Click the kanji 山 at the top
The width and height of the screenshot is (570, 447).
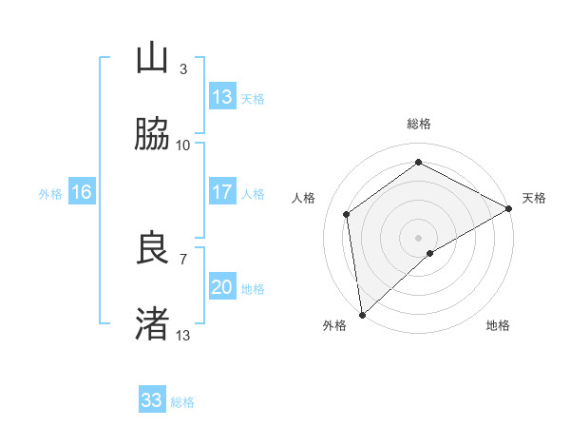pos(153,60)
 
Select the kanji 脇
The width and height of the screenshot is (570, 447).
pos(153,136)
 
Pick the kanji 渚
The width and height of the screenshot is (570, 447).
pos(153,324)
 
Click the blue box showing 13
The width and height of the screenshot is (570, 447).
pos(222,97)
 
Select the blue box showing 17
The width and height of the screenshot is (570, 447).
pos(222,192)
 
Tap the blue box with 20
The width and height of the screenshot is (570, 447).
pos(222,288)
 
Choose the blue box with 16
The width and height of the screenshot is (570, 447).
pos(82,193)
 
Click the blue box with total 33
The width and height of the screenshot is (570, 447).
pos(152,400)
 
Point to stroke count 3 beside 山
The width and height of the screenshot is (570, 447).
pos(183,69)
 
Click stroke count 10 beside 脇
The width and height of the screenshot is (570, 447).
pos(183,146)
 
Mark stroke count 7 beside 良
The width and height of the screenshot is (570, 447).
pos(183,258)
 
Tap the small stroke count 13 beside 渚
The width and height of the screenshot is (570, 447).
pos(183,335)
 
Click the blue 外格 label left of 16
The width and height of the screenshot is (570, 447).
pos(50,194)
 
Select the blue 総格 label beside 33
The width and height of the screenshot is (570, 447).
pos(182,402)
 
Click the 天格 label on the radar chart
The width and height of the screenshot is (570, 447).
pos(534,198)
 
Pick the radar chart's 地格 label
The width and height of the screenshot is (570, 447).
pos(498,325)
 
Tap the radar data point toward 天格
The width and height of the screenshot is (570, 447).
pos(509,209)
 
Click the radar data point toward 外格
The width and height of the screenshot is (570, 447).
pos(362,314)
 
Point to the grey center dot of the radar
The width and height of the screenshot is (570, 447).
pos(419,237)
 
